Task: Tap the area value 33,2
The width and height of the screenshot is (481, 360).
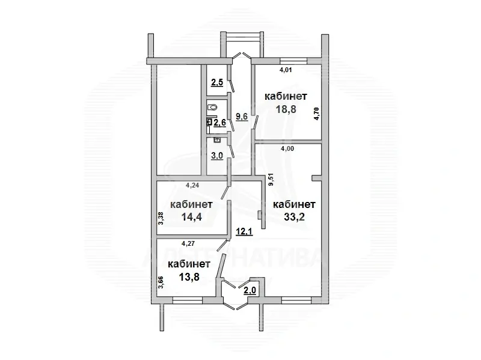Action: [x=294, y=217]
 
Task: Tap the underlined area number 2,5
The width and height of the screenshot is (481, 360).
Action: [x=217, y=83]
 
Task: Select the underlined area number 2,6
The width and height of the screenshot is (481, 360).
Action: [x=219, y=123]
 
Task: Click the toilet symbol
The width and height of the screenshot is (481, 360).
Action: [x=212, y=107]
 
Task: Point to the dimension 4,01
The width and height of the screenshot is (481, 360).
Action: [x=286, y=70]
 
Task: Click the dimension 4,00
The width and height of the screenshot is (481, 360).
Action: [x=288, y=150]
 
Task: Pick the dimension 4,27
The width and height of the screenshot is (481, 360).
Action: [x=190, y=244]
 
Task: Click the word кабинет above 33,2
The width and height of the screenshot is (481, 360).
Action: [x=294, y=204]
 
